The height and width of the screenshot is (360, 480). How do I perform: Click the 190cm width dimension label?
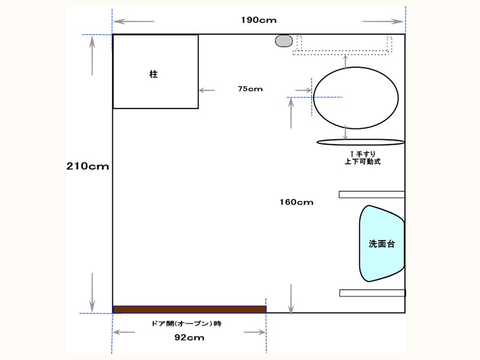[x=259, y=20]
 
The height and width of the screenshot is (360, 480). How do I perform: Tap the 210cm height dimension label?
[x=88, y=166]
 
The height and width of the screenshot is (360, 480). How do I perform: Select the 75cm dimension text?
[x=250, y=89]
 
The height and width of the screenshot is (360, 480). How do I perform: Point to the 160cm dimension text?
[x=296, y=202]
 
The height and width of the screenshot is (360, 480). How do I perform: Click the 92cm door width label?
[x=189, y=337]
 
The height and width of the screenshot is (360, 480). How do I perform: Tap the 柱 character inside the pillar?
[x=154, y=74]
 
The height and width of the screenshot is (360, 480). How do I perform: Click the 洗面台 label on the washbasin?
[x=382, y=244]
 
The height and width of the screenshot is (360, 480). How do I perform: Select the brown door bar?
[x=190, y=310]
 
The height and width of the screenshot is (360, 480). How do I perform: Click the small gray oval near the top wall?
[x=284, y=41]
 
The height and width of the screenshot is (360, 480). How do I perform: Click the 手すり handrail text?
[x=366, y=154]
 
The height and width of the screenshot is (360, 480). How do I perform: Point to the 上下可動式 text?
[x=362, y=161]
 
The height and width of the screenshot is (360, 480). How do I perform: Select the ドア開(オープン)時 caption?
[x=187, y=323]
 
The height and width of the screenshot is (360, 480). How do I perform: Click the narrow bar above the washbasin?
[x=371, y=194]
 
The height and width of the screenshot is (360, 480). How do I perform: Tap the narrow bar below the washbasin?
[x=373, y=293]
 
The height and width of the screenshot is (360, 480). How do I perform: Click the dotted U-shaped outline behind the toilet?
[x=342, y=53]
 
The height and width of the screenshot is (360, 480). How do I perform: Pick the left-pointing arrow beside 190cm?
[x=133, y=22]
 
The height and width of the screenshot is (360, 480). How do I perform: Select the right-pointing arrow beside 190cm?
[x=383, y=22]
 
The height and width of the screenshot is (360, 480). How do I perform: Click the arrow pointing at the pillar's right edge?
[x=207, y=91]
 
